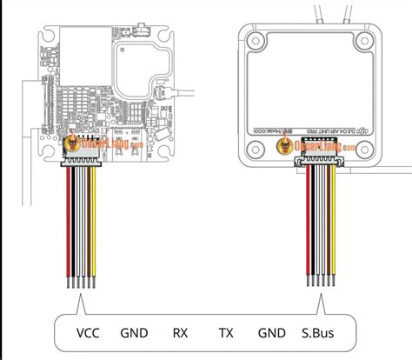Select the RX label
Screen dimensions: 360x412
(180, 332)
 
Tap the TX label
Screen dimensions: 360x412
(226, 332)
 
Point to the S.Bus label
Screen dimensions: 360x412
(316, 332)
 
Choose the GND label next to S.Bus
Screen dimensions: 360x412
(271, 332)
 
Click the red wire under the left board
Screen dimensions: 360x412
(68, 226)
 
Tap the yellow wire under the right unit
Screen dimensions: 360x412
(331, 226)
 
